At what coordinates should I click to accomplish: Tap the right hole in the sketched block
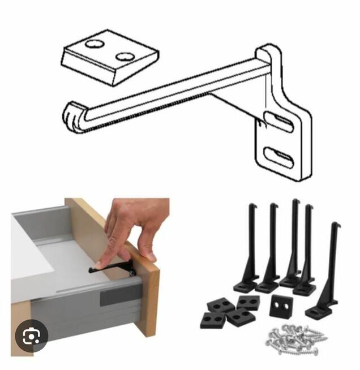click(125, 56)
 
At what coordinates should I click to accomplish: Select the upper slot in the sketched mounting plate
click(278, 122)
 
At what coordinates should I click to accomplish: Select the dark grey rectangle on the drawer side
click(121, 294)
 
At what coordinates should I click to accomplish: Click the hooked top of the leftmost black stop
click(250, 206)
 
